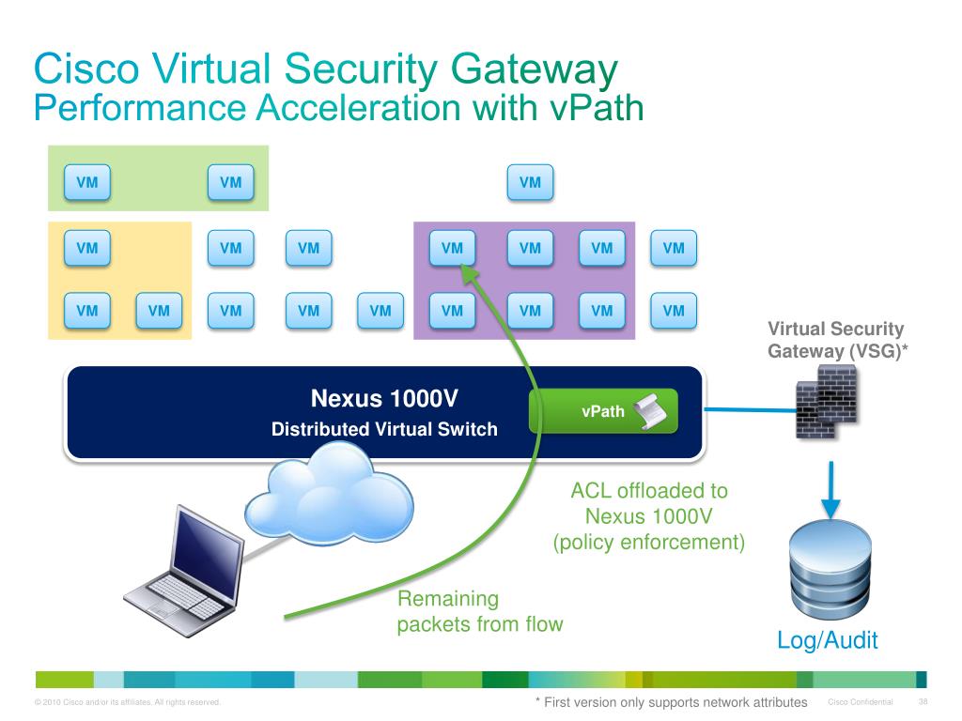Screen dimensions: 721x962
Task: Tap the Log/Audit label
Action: click(828, 641)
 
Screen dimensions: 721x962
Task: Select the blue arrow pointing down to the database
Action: click(829, 484)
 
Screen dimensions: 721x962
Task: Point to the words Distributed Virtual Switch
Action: click(384, 431)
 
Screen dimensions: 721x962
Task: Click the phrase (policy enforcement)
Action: click(649, 542)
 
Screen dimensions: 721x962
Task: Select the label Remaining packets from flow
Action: click(479, 611)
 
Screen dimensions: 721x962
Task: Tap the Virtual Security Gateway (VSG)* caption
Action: click(835, 340)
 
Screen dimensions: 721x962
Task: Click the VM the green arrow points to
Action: click(452, 249)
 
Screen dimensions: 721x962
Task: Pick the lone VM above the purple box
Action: click(530, 183)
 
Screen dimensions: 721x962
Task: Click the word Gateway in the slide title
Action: click(535, 71)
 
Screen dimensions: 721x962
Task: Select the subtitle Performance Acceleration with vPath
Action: click(338, 108)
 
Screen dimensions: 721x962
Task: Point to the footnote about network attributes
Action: click(671, 702)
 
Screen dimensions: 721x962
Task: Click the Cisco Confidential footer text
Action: click(861, 703)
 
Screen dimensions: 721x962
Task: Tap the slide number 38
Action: click(923, 703)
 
